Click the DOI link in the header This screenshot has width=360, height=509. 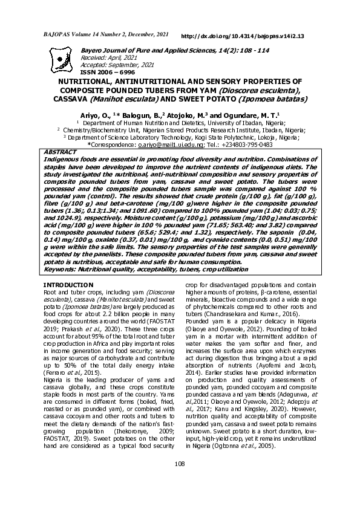tap(242, 36)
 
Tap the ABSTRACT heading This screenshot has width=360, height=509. tap(64, 152)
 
